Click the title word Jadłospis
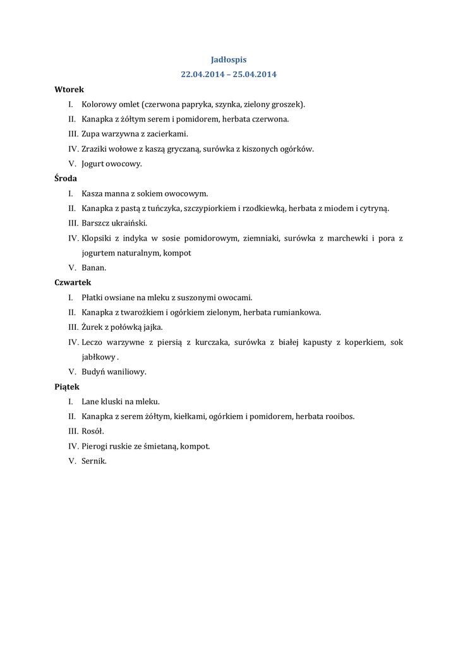coord(229,59)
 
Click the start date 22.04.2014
coord(203,74)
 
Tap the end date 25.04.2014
coord(255,74)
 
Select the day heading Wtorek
coord(69,90)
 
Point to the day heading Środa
coord(66,179)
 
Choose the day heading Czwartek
coord(73,282)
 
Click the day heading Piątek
coord(67,387)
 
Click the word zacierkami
coord(168,134)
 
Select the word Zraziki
coord(95,149)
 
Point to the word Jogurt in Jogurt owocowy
coord(93,164)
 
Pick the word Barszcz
coord(97,223)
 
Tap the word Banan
coord(93,268)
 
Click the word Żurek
coord(93,327)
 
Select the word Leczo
coord(93,342)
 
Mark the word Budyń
coord(95,372)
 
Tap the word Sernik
coord(93,461)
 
